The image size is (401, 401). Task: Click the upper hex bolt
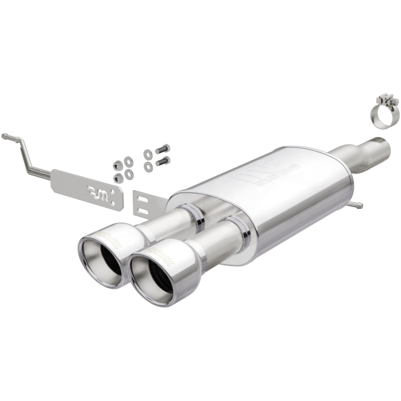[163, 149]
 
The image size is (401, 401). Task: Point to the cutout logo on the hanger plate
[97, 190]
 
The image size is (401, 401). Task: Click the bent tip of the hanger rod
[5, 136]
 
